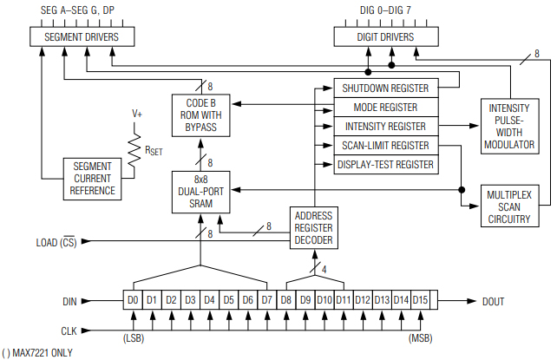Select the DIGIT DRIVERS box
tap(385, 37)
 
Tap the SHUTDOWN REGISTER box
tap(385, 88)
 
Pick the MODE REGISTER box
tap(385, 108)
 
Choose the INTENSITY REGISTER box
tap(385, 126)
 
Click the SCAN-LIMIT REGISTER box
tap(385, 145)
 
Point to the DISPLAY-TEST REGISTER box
tap(385, 164)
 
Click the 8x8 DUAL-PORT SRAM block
tap(200, 192)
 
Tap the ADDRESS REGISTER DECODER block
tap(313, 228)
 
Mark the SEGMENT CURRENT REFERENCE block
tap(94, 179)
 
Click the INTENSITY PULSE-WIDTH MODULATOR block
tap(510, 126)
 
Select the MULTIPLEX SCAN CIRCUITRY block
tap(510, 206)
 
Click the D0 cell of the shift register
tap(133, 300)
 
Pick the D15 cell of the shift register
tap(421, 300)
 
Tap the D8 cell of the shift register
tap(286, 300)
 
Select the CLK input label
tap(67, 330)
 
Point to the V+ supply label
tap(137, 114)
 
